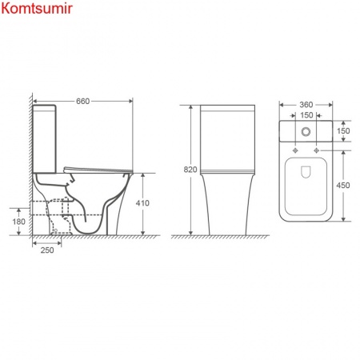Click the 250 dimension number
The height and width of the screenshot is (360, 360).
pos(46,251)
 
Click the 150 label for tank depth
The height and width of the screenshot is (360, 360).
pos(345,130)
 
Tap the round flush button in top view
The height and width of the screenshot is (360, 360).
pos(307,130)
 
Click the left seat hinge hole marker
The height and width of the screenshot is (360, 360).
pos(297,150)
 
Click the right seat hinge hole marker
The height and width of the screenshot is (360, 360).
pos(318,150)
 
